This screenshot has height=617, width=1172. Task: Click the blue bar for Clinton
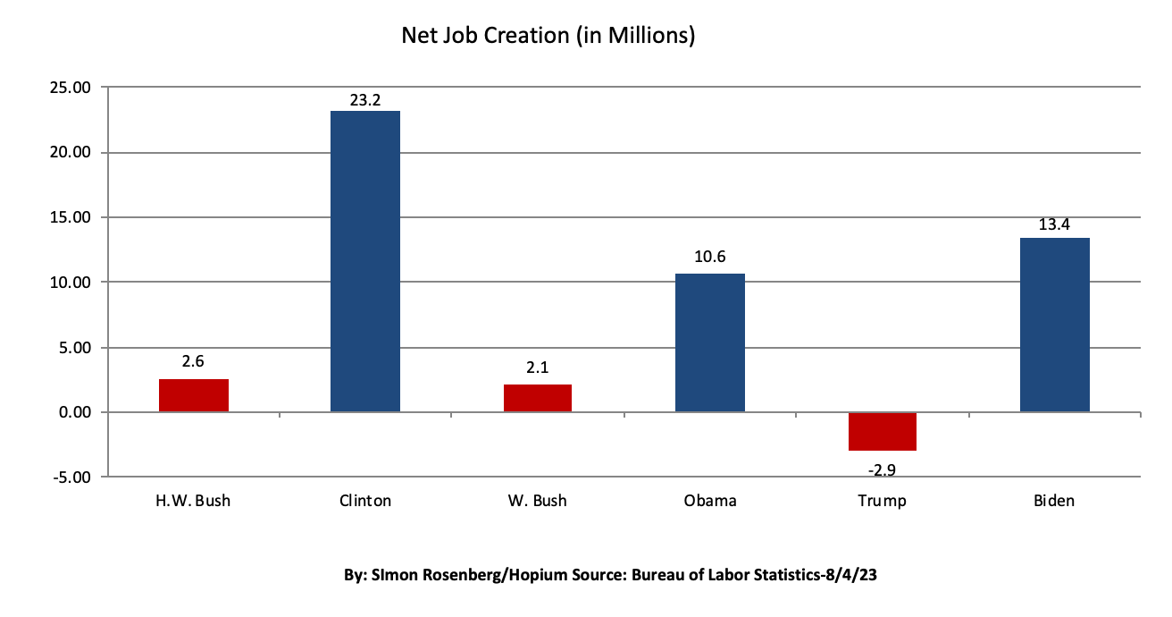[x=365, y=261]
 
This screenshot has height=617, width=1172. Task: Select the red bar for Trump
[x=883, y=431]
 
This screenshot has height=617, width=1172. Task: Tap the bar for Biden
[x=1055, y=325]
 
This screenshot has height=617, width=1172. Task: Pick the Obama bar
[x=710, y=342]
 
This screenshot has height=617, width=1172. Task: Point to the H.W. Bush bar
[x=194, y=395]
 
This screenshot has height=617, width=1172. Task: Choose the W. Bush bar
[x=538, y=398]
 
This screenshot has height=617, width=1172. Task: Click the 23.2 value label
[x=365, y=100]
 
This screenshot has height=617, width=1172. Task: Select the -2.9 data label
[x=883, y=468]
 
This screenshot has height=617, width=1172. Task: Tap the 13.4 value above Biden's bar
[x=1055, y=224]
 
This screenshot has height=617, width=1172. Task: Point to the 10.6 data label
[x=710, y=258]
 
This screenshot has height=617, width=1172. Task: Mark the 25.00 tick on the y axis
[x=69, y=88]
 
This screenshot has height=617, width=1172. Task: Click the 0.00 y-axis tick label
[x=72, y=412]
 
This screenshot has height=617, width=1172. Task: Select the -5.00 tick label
[x=71, y=478]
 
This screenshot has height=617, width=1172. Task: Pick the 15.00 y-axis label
[x=69, y=217]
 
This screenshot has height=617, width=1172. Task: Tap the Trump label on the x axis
[x=883, y=501]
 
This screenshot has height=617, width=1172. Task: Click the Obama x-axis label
[x=710, y=501]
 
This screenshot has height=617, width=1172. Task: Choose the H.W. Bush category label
[x=194, y=501]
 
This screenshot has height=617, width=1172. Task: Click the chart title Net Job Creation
[x=548, y=36]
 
